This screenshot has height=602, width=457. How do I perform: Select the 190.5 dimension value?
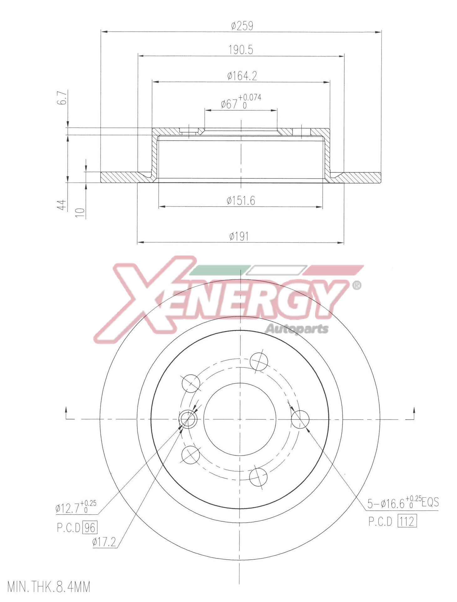click(x=241, y=50)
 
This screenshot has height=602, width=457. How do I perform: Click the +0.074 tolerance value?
click(x=249, y=98)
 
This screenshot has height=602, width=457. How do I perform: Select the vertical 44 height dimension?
click(x=63, y=204)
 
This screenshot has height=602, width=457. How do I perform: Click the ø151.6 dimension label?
click(x=241, y=200)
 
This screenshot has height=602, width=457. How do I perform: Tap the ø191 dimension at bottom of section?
click(x=239, y=236)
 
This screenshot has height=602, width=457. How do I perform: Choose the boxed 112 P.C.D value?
click(x=407, y=521)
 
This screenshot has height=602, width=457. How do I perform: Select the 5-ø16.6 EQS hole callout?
click(x=403, y=503)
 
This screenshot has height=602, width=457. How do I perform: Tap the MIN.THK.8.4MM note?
click(x=49, y=587)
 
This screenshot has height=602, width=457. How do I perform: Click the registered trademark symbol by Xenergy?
click(x=357, y=285)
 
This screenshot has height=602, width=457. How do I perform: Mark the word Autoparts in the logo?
click(x=296, y=329)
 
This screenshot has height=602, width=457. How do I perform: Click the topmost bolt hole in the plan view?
click(x=259, y=361)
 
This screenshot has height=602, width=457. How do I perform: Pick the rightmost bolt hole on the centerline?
click(x=300, y=419)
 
